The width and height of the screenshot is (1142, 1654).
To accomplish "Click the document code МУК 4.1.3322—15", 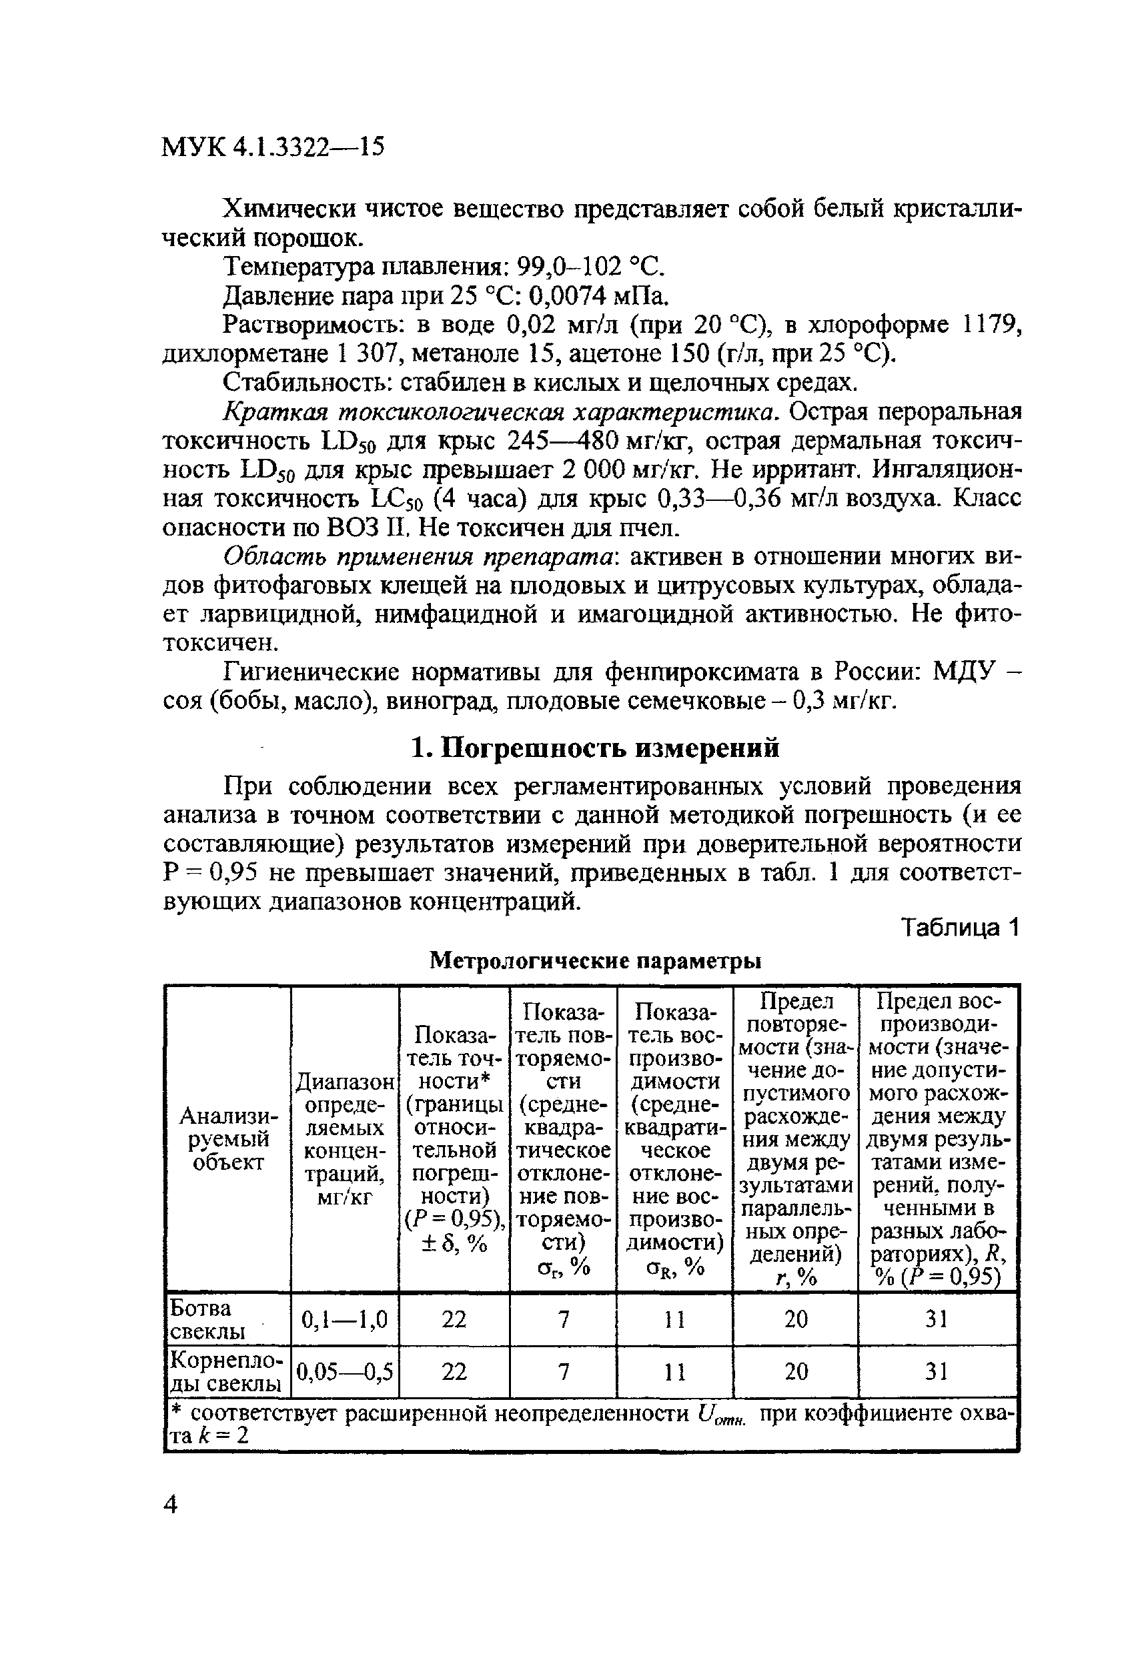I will coord(273,147).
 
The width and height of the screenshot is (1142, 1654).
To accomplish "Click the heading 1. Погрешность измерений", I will coord(594,748).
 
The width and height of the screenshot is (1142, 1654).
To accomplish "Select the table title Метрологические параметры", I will coord(594,961).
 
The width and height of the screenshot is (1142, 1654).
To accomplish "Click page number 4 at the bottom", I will coord(170,1504).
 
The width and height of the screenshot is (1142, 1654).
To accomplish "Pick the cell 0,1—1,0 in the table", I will coord(344,1319).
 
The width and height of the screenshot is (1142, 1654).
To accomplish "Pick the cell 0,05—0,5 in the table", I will coord(344,1371).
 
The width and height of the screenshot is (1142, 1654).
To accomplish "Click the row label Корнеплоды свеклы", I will coord(225,1371).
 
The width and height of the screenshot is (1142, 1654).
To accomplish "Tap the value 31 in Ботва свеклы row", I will coord(937,1319).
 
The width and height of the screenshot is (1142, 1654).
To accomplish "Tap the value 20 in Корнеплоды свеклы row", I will coord(795,1371).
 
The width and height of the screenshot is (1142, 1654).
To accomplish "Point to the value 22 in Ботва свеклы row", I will coord(454,1319).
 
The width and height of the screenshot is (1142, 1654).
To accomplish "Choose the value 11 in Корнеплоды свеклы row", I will coord(673,1371).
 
